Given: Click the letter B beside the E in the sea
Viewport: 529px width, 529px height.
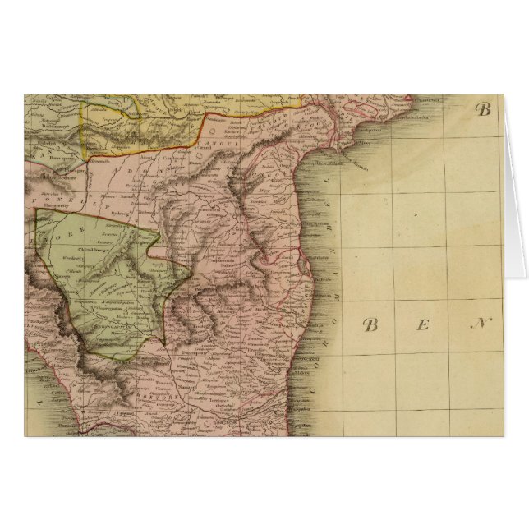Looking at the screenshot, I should pos(370,325).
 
